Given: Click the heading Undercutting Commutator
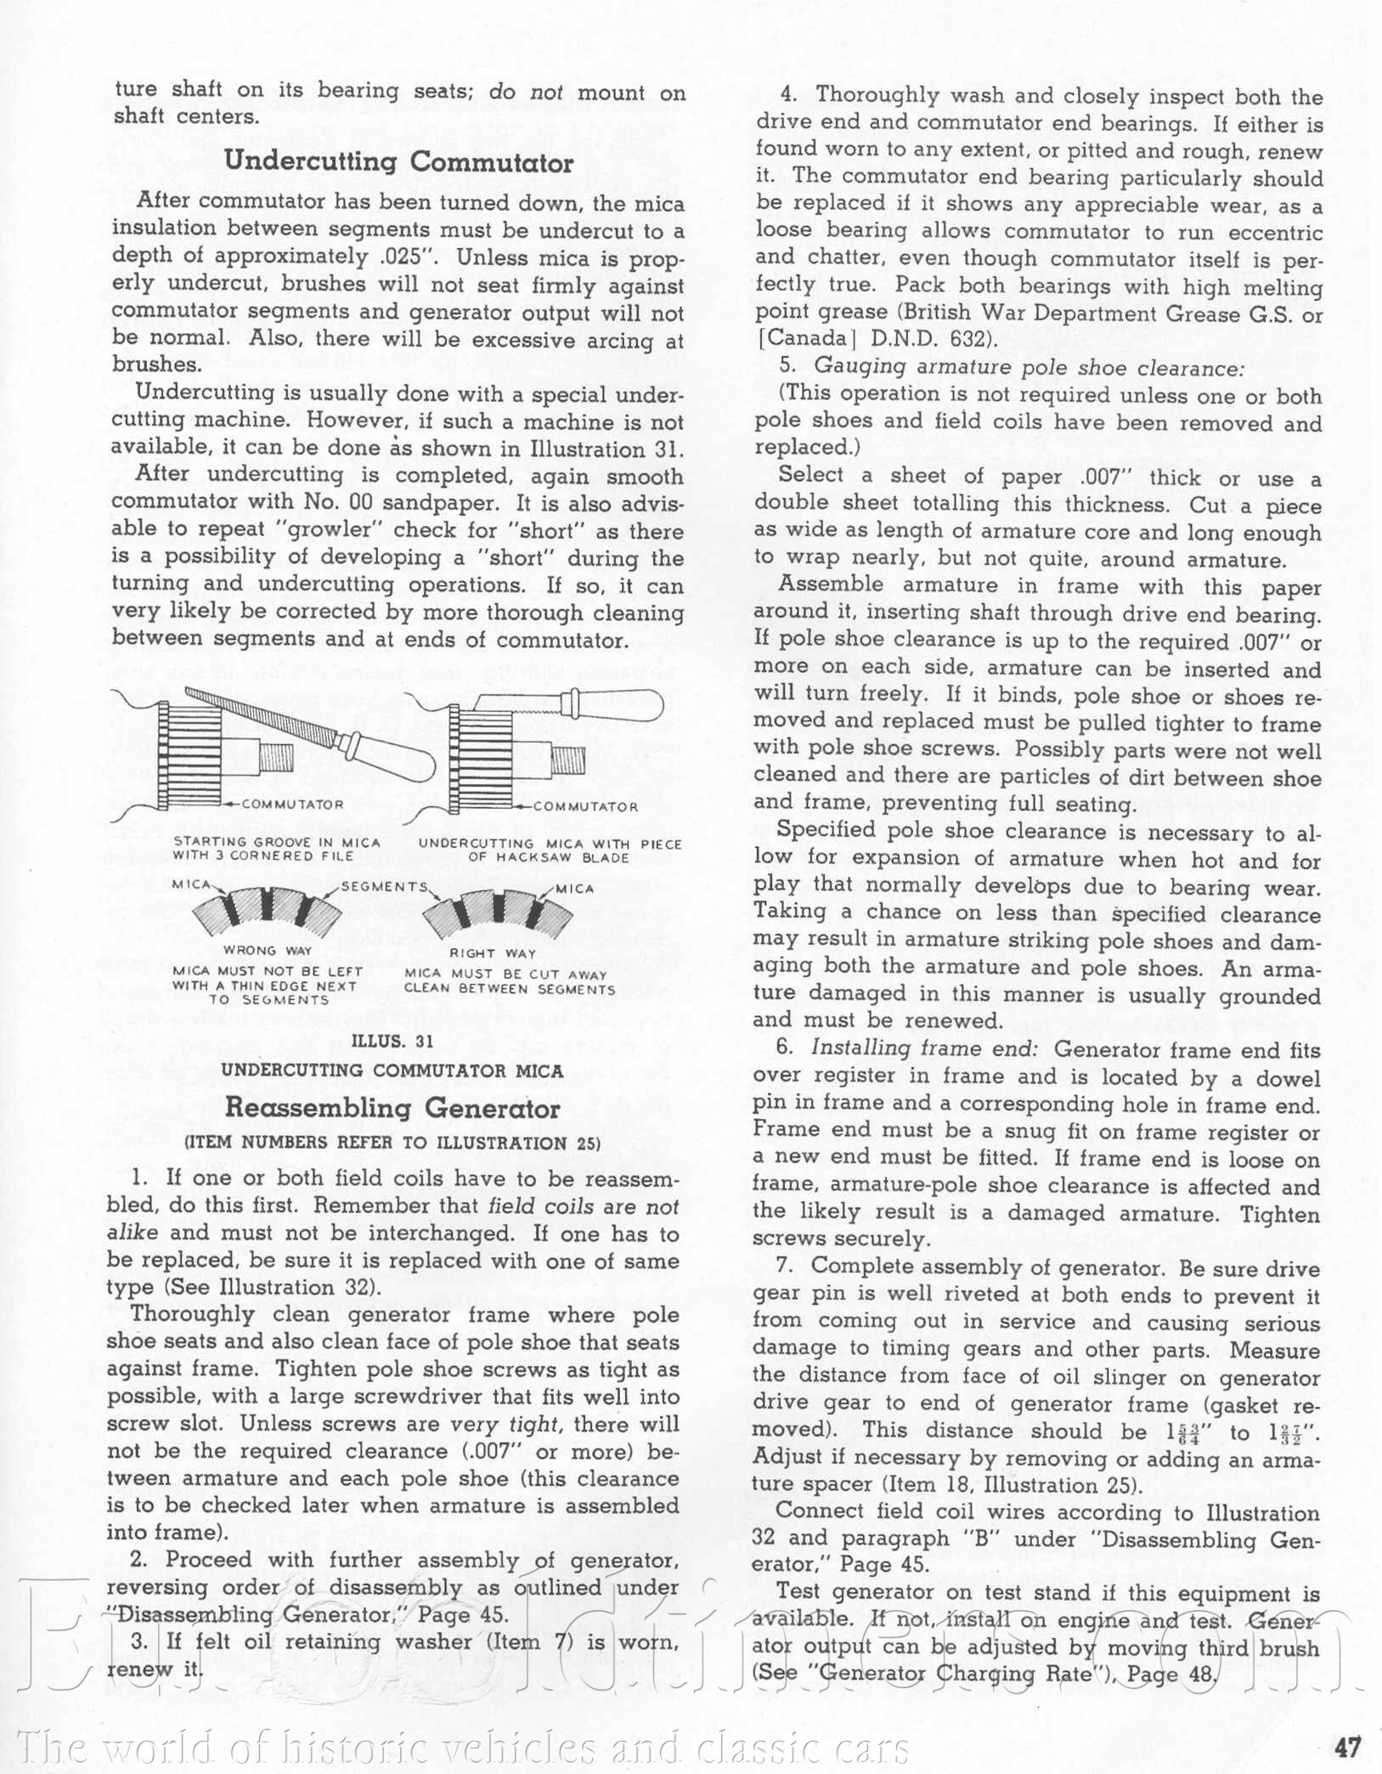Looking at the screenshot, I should [398, 162].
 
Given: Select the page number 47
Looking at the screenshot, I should [1347, 1747].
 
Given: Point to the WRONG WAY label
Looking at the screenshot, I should [268, 951].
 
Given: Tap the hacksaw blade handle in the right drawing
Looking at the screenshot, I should [616, 704].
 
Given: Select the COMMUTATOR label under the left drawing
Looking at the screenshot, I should [293, 804].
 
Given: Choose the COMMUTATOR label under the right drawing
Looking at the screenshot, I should [585, 806].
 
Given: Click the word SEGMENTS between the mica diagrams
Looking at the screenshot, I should [384, 886].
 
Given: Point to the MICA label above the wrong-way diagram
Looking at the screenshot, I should [191, 884].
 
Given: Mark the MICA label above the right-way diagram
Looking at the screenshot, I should [575, 889].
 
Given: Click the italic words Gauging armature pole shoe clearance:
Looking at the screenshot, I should [1029, 367].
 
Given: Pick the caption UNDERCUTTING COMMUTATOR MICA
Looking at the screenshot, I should [392, 1071].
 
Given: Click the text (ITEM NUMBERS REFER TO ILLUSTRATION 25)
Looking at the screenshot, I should [392, 1143].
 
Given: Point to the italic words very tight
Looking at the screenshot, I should [504, 1423].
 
